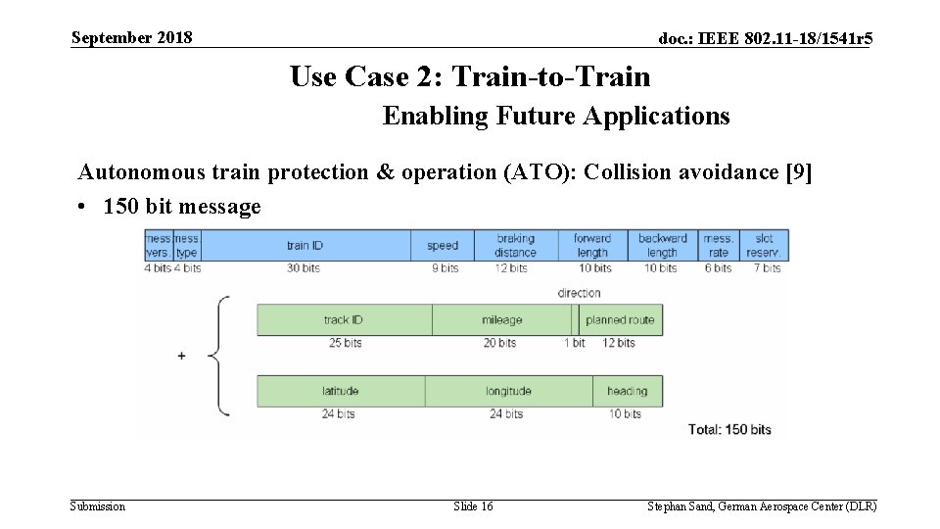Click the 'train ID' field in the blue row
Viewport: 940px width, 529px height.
pyautogui.click(x=305, y=245)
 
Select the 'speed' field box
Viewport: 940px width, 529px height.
pyautogui.click(x=443, y=245)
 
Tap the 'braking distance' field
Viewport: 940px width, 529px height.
pyautogui.click(x=515, y=245)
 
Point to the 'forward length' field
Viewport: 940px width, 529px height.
pyautogui.click(x=592, y=245)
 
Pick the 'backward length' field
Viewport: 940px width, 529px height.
pyautogui.click(x=661, y=245)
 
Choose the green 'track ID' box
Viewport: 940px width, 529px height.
pyautogui.click(x=344, y=320)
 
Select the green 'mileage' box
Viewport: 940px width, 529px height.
pyautogui.click(x=501, y=320)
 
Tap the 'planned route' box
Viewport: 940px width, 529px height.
pyautogui.click(x=620, y=320)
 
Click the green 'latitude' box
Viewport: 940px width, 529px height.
pyautogui.click(x=340, y=391)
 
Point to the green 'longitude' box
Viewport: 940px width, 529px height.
pyautogui.click(x=508, y=391)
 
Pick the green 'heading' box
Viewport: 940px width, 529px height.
pyautogui.click(x=627, y=391)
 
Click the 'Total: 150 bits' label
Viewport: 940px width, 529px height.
pyautogui.click(x=729, y=429)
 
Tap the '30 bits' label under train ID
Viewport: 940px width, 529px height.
pyautogui.click(x=304, y=267)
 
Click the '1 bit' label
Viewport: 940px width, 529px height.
pyautogui.click(x=574, y=343)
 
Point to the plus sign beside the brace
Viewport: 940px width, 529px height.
pyautogui.click(x=181, y=357)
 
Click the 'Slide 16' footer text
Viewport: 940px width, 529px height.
pyautogui.click(x=473, y=506)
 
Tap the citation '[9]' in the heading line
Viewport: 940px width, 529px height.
pyautogui.click(x=799, y=173)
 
